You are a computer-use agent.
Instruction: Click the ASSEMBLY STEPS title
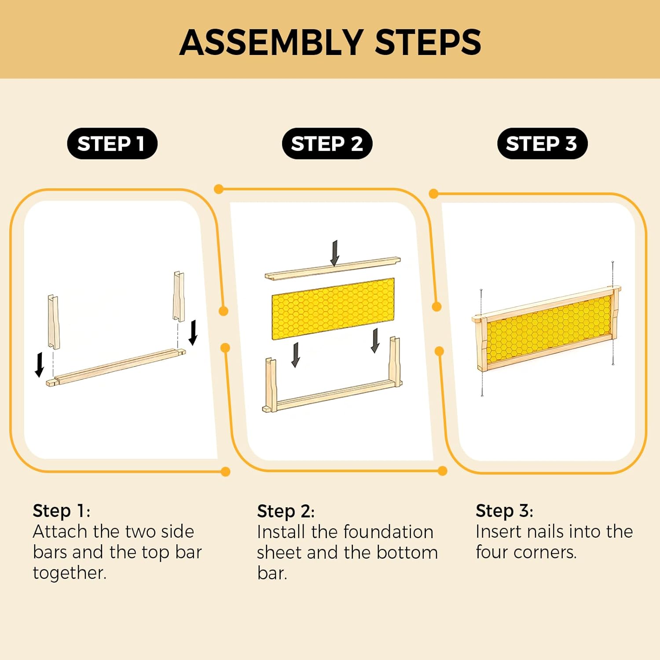[330, 42]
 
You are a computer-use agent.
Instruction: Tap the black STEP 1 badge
[112, 143]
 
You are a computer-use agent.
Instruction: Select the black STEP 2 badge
[327, 143]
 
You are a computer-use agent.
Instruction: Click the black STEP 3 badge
[542, 143]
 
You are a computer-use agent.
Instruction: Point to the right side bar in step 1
[179, 296]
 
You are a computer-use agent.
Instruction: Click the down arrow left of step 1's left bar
[40, 364]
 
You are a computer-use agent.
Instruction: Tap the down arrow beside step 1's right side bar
[193, 333]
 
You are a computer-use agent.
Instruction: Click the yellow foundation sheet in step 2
[333, 308]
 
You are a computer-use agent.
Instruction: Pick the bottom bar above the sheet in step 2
[332, 268]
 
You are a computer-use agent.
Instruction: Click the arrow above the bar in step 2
[335, 253]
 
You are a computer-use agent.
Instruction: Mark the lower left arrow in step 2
[296, 355]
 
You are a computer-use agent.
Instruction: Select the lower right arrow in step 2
[375, 341]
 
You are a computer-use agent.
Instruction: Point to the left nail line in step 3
[482, 343]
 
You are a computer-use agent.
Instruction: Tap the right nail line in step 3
[612, 312]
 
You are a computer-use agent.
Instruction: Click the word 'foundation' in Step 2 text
[372, 532]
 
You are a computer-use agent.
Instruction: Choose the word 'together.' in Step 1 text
[70, 573]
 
